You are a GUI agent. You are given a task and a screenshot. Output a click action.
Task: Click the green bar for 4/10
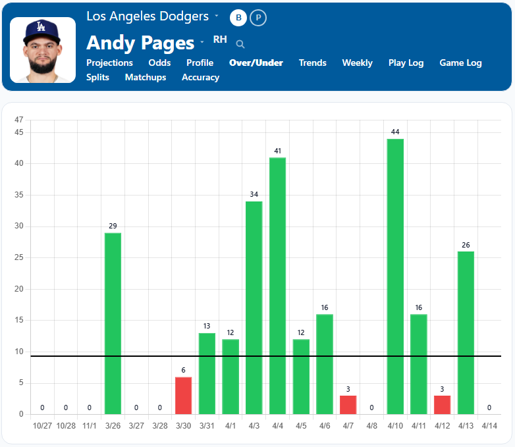(x=395, y=276)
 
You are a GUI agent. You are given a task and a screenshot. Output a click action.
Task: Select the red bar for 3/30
(x=184, y=395)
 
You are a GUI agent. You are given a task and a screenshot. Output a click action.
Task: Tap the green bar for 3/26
(x=113, y=323)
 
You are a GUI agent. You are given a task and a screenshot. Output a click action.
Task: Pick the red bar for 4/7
(x=348, y=405)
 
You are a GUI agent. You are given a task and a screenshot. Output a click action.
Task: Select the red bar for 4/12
(x=442, y=405)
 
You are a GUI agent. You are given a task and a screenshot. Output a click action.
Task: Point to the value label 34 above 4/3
(x=254, y=195)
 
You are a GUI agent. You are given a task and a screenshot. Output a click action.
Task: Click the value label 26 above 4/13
(x=466, y=245)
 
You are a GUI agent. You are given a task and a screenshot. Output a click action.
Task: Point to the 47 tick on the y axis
(x=18, y=120)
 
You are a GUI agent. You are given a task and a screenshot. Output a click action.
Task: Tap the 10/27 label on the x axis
(x=42, y=426)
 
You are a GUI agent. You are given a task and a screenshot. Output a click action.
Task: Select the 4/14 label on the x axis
(x=489, y=426)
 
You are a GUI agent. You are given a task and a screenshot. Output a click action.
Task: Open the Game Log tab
(x=460, y=63)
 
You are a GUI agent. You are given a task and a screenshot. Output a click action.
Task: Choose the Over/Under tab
(x=256, y=63)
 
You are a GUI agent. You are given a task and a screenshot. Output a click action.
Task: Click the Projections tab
(x=109, y=63)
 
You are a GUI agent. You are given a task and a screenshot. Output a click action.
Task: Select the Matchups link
(x=146, y=78)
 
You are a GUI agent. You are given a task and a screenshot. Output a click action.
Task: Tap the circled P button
(x=259, y=18)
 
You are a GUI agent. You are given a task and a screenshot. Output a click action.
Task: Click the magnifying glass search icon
(x=240, y=44)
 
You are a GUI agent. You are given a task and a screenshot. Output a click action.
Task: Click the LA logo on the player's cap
(x=41, y=27)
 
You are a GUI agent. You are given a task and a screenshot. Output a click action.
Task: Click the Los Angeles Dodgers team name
(x=148, y=16)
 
